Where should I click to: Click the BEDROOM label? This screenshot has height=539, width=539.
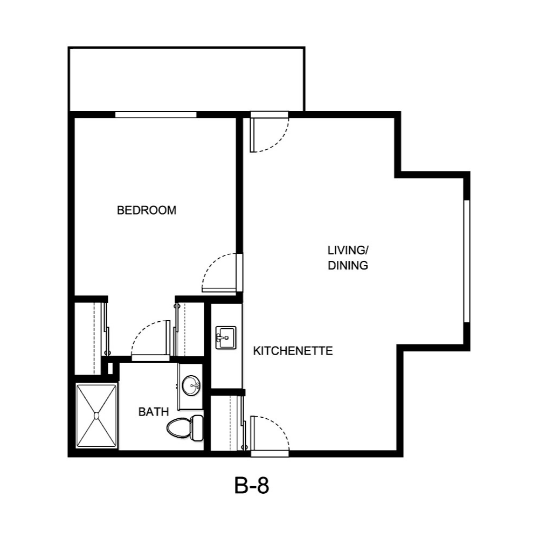coord(147,210)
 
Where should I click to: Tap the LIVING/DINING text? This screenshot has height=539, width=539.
coord(348,258)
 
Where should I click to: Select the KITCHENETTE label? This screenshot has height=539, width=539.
coord(293,351)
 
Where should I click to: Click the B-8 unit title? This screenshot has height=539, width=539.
coord(252,486)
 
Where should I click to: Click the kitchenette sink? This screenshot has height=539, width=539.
coord(225,338)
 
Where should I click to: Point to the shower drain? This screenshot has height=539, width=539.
coord(96,415)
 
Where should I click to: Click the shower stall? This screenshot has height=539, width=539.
coord(96,415)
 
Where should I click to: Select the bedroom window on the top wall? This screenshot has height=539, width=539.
coord(156,114)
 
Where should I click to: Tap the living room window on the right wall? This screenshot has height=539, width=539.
coord(466,261)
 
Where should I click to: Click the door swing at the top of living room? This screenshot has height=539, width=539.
coord(269,134)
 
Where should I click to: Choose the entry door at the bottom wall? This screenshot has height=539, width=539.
coord(269,434)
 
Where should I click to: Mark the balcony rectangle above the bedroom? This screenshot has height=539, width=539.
coord(186,79)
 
